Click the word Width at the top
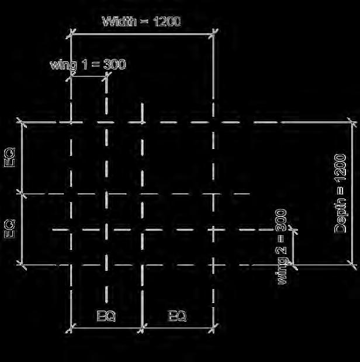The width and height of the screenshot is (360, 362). click(120, 22)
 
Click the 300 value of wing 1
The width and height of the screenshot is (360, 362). click(115, 64)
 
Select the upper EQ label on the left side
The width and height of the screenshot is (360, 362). click(10, 158)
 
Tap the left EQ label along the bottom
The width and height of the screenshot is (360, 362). click(106, 316)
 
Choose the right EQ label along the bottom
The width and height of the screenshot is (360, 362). click(178, 316)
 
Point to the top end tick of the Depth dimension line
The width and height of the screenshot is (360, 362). click(353, 123)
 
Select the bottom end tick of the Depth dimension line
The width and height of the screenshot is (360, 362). click(353, 265)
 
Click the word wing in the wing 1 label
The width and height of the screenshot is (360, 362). click(63, 64)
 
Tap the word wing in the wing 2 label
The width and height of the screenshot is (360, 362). click(282, 272)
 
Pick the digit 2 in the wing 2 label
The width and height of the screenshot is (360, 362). click(282, 252)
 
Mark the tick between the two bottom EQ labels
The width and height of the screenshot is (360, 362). click(143, 327)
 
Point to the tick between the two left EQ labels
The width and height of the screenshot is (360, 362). click(22, 193)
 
